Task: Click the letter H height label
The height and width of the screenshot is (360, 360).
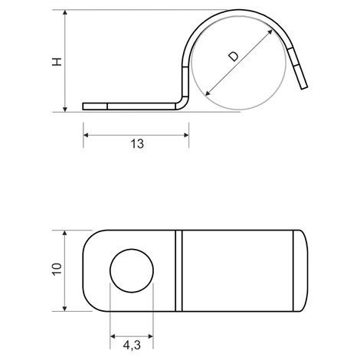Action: point(57,62)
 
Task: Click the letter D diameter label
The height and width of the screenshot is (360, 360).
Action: point(234,57)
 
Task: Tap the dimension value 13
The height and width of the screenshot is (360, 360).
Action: point(137,144)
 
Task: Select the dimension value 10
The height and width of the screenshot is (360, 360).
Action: point(57,269)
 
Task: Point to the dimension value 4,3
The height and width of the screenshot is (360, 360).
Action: point(132,345)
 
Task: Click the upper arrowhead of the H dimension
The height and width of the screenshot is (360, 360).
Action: point(65,13)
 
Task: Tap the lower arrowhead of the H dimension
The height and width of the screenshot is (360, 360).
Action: point(65,109)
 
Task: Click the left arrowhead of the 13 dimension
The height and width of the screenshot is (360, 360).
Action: point(87,135)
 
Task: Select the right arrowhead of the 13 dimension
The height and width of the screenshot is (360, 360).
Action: point(186,135)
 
